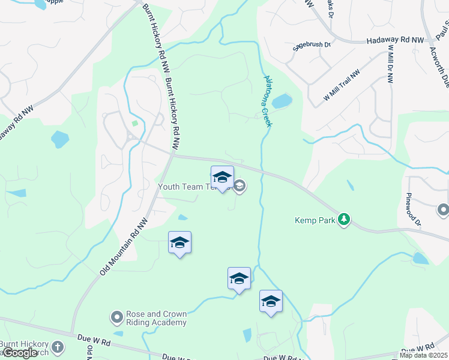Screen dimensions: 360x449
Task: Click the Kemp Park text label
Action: click(x=315, y=220)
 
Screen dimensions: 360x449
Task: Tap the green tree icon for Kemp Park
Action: click(x=344, y=220)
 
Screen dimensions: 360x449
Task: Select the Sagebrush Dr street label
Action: click(x=312, y=45)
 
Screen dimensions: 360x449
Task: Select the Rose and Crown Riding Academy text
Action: click(x=156, y=318)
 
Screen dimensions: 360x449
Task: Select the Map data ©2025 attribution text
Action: click(x=424, y=355)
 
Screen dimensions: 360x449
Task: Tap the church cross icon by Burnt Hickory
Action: click(x=57, y=346)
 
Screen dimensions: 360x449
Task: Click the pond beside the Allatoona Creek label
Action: click(x=282, y=101)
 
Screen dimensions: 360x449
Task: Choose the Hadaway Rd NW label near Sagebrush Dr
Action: click(x=396, y=40)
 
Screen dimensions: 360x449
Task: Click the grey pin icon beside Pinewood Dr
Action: click(x=444, y=210)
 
